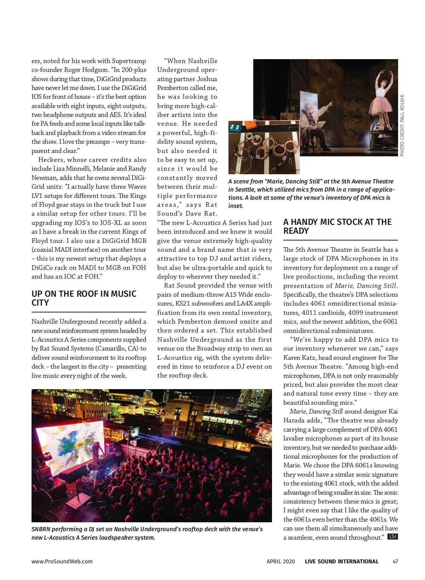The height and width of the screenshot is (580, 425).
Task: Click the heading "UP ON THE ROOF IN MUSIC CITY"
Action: pos(84,298)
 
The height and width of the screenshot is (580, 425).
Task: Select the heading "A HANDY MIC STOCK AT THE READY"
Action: pos(337,226)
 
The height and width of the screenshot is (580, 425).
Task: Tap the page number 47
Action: pos(395,561)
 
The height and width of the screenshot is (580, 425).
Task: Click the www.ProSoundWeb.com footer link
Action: pos(62,561)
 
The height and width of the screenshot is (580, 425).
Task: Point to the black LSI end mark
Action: pos(392,536)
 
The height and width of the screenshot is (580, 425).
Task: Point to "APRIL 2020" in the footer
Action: pos(280,561)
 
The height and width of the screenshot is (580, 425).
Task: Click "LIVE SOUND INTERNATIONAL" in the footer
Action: pos(341,561)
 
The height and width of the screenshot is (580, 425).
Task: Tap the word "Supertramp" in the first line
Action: pos(129,61)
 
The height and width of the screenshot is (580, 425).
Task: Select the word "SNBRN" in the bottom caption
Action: pos(41,529)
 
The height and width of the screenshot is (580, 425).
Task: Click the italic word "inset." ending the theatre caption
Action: pos(236,206)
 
